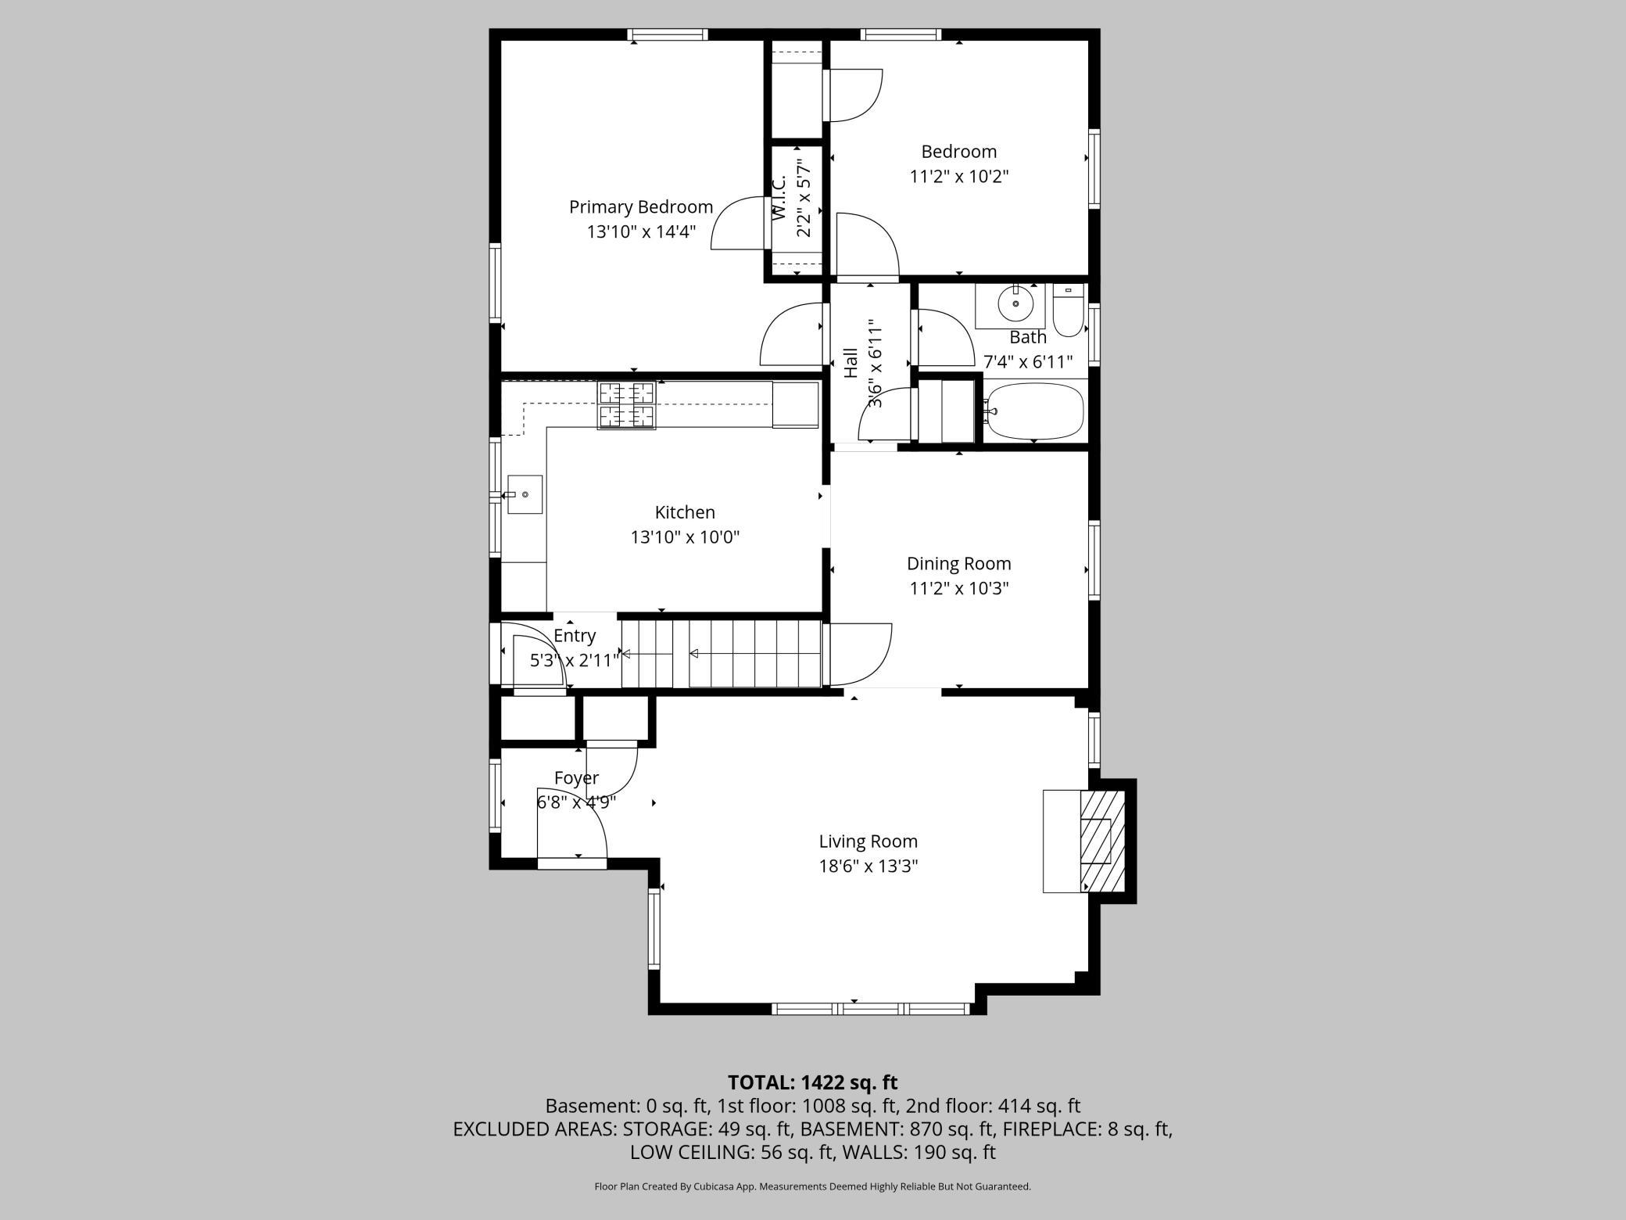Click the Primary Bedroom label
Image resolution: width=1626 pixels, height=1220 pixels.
(641, 207)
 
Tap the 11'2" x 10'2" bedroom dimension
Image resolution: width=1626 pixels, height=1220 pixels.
(959, 176)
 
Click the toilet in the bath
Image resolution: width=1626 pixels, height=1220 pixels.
(1068, 310)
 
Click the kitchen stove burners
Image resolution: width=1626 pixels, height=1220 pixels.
(626, 405)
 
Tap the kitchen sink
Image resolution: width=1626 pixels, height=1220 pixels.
(525, 494)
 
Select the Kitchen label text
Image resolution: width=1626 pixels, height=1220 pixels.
(685, 512)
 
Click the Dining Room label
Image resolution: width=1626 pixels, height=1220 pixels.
(959, 564)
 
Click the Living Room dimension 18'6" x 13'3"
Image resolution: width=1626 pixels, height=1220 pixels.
(869, 867)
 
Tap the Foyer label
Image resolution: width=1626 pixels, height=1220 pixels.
(576, 778)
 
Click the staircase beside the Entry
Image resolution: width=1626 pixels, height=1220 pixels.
(722, 654)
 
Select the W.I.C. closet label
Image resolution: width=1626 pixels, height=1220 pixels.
(779, 198)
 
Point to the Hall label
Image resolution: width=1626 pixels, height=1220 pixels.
(851, 363)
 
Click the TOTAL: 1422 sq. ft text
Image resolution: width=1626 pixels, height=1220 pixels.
(813, 1082)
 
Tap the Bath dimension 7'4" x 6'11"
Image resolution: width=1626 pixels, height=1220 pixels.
(1028, 362)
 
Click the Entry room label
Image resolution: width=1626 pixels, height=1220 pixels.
(575, 636)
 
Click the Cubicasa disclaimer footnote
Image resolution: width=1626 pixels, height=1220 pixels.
(813, 1186)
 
